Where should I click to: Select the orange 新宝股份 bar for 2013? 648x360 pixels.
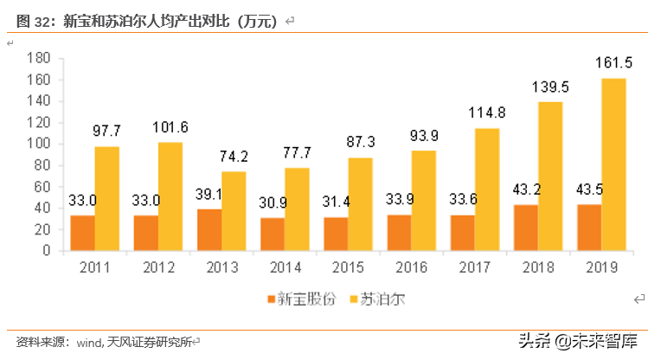tap(209, 229)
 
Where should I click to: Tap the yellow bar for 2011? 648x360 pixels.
tap(107, 198)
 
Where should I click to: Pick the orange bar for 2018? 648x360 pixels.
tap(525, 228)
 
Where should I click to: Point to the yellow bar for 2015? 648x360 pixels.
tap(360, 204)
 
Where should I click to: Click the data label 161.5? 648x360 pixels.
tap(613, 62)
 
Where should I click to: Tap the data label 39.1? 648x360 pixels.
tap(208, 195)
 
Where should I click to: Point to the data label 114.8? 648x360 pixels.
tap(487, 113)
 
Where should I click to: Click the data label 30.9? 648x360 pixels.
tap(271, 203)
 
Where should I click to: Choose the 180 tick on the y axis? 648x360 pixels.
tap(39, 58)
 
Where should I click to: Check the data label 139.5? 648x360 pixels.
tap(550, 87)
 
